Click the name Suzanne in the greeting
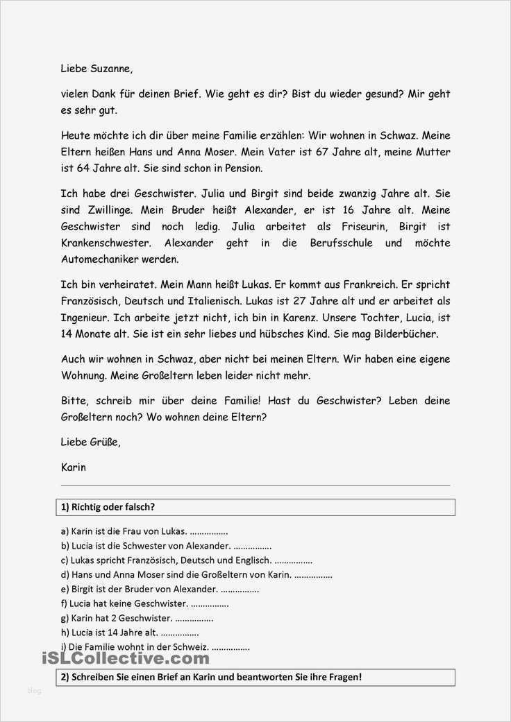[108, 69]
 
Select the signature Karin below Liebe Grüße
[73, 467]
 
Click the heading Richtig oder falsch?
[108, 507]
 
